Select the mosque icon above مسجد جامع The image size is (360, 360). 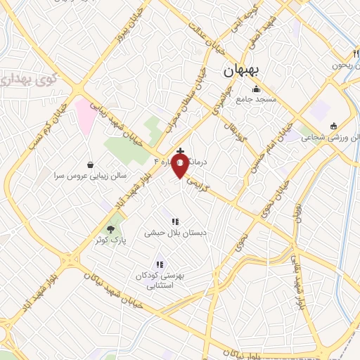click(x=257, y=89)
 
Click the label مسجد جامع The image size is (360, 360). click(x=257, y=101)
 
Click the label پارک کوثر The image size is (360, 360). click(x=110, y=240)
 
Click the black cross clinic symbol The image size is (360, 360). click(x=181, y=151)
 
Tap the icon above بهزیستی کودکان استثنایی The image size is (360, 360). click(x=160, y=264)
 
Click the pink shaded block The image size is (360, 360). click(x=84, y=115)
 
